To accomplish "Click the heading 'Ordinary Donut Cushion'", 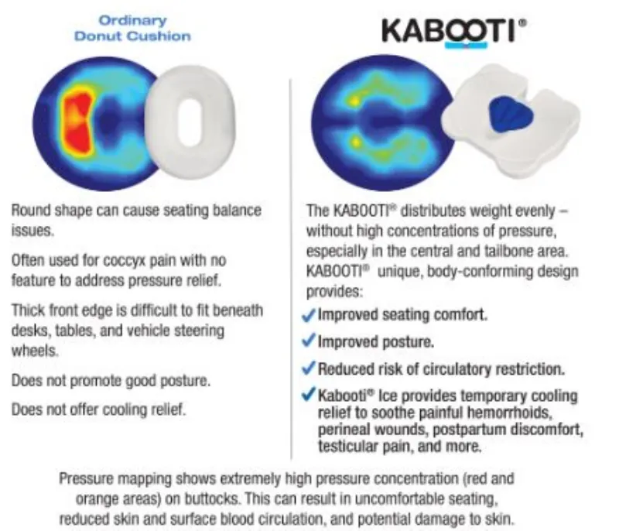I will [x=132, y=29].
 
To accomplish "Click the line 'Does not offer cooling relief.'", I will [x=98, y=409].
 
